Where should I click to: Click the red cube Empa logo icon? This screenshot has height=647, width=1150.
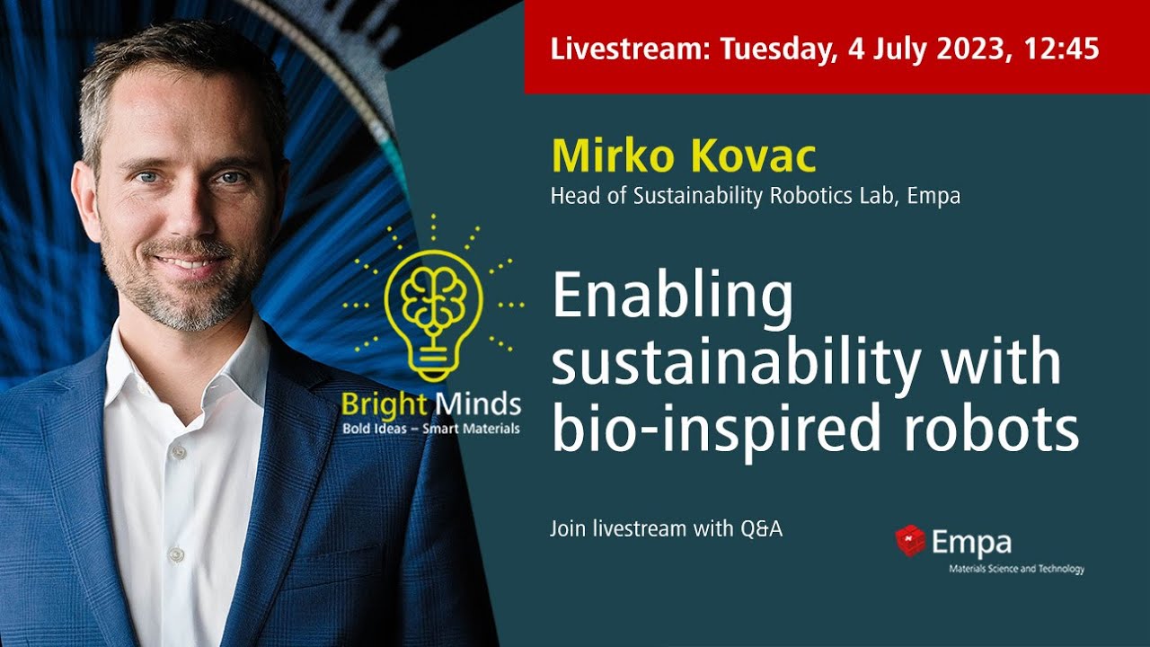[910, 540]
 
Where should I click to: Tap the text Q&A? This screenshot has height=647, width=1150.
[762, 529]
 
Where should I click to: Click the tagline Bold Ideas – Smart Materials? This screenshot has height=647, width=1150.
[430, 429]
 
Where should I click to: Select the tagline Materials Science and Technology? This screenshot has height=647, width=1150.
[1017, 569]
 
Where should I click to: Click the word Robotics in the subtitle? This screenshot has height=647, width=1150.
[804, 196]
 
